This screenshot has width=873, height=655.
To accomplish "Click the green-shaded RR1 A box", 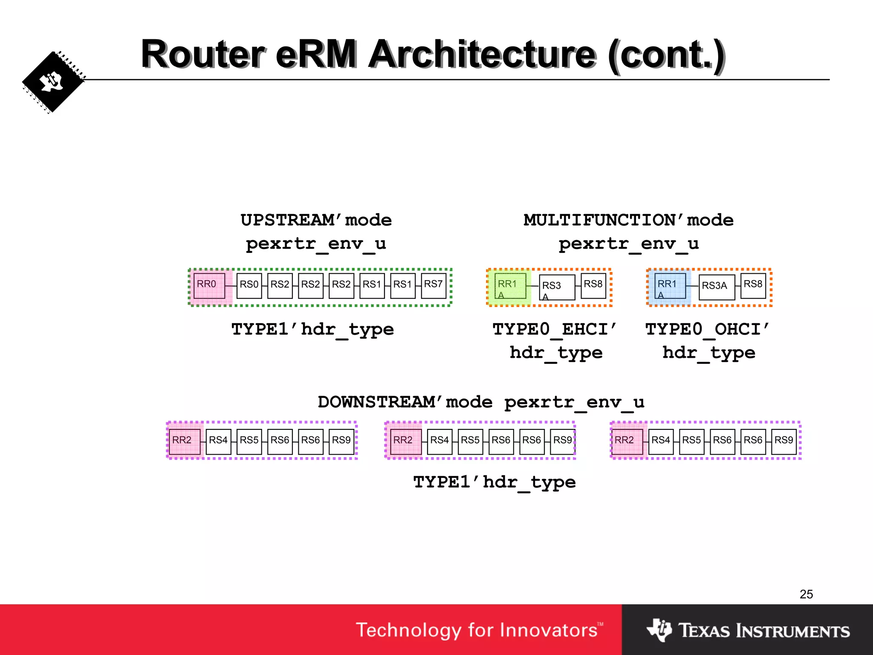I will click(x=510, y=287).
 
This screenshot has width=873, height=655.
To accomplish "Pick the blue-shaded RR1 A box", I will click(x=670, y=287).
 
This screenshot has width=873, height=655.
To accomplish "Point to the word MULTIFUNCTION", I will click(x=599, y=220).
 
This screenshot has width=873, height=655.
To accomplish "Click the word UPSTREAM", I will click(x=287, y=220).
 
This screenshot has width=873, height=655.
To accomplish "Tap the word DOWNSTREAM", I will click(x=376, y=402).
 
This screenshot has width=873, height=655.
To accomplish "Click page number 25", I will click(x=806, y=594).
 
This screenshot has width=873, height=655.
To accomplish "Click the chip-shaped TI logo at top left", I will click(x=53, y=82).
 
